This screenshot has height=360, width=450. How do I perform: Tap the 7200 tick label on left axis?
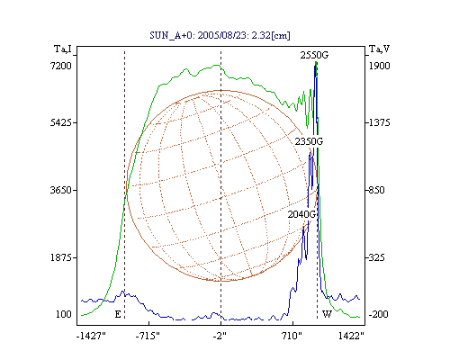pos(61,66)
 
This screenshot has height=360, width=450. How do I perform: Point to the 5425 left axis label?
pos(61,122)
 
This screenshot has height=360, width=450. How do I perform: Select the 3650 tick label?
pos(61,190)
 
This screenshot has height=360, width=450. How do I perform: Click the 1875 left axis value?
pos(61,257)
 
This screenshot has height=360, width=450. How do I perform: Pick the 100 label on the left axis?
pos(64,314)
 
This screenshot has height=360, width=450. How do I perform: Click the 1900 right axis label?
pos(379,66)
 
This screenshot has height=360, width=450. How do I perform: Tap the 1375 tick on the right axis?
pos(379,122)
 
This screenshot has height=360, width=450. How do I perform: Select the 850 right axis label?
pos(376,190)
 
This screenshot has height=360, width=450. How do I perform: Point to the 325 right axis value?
pos(376,257)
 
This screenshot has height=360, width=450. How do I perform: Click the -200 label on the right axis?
pos(378,314)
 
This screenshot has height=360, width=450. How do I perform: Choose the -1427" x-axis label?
pos(91,336)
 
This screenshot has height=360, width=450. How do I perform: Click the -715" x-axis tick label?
pos(148,336)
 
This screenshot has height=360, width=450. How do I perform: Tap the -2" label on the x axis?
pos(220,336)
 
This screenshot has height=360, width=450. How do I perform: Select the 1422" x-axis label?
pos(351,336)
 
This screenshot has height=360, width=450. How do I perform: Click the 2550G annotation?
pos(314,55)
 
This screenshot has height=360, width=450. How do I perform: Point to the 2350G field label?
pos(309,141)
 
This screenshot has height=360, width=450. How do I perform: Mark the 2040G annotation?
pos(301,214)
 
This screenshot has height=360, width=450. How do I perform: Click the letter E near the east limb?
pos(118,314)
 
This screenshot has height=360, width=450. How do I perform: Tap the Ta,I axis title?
pos(63,49)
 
